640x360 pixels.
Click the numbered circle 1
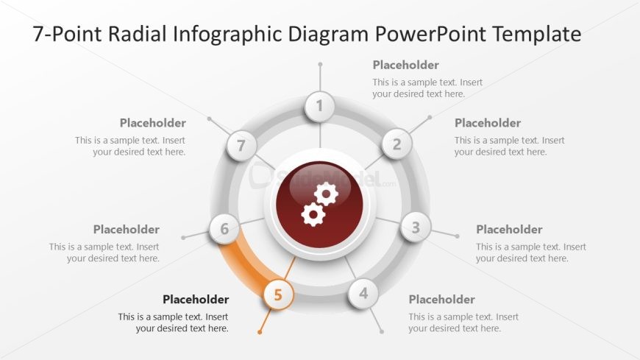319,106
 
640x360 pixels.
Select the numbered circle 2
397,144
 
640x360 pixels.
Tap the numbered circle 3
416,227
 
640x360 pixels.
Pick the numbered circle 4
363,294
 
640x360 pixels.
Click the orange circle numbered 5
278,294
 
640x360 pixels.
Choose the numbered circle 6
224,229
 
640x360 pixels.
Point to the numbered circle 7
241,145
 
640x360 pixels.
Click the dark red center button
319,205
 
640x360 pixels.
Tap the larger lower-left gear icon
313,214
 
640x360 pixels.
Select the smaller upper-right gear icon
326,194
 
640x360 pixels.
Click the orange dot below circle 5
260,332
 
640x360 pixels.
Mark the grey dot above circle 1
320,64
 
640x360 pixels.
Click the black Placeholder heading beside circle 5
196,300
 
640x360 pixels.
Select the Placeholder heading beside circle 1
406,65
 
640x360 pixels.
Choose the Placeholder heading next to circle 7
153,123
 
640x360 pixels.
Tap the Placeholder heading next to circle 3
509,229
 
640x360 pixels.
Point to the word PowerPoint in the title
430,34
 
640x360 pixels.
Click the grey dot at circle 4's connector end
382,332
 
